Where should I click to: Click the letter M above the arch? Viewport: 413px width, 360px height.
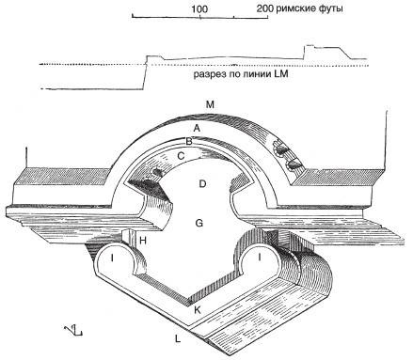coord(210,104)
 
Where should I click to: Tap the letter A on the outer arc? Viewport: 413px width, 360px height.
coord(197,128)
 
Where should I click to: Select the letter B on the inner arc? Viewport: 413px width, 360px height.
coord(189,142)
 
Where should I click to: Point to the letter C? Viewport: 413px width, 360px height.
coord(181,156)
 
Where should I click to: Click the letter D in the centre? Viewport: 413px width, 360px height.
coord(202,183)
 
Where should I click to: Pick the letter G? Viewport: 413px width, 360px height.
coord(199,224)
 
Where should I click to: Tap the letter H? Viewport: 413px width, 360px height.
coord(143,241)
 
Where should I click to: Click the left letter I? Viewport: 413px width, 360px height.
coord(112,258)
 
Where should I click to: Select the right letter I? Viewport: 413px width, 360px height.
coord(259,258)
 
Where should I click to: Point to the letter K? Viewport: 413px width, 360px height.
coord(198,310)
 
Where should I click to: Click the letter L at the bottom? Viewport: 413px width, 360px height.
coord(178,338)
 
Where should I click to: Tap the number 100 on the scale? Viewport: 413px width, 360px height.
coord(199,9)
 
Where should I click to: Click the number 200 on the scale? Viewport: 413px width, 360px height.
coord(265,8)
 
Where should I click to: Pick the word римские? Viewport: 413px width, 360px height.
coord(295,8)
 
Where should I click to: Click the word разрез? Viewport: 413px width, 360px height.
coord(208,75)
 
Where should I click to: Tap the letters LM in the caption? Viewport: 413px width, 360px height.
coord(281,74)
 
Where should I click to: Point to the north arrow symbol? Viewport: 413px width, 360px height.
coord(73,330)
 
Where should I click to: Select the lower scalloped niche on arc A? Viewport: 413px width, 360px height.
coord(294,164)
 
